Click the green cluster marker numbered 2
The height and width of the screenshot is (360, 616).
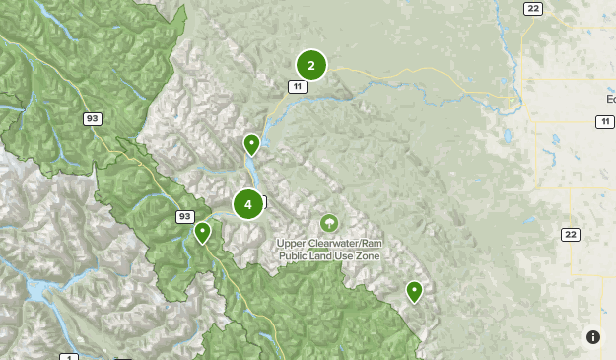(311, 66)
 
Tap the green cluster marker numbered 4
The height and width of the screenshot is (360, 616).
(248, 204)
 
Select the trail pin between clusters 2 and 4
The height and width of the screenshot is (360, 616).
(252, 145)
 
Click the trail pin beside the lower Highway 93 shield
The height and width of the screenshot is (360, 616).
(202, 233)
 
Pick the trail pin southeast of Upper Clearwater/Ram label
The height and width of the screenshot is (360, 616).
(415, 291)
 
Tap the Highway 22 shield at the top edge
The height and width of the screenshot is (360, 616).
(534, 8)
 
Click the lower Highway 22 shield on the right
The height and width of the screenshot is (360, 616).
(570, 234)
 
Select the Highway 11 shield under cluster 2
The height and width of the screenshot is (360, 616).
(297, 87)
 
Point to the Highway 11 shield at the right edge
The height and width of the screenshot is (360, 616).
(603, 121)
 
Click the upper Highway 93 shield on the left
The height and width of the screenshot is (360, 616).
(93, 118)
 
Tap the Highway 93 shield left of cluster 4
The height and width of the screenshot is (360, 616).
(184, 216)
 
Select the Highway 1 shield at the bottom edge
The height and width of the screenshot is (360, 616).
(68, 356)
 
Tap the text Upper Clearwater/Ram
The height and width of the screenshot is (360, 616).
(328, 243)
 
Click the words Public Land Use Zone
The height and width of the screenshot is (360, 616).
(328, 255)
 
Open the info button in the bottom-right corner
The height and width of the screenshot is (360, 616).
(593, 337)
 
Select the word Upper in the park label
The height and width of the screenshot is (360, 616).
(293, 243)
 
